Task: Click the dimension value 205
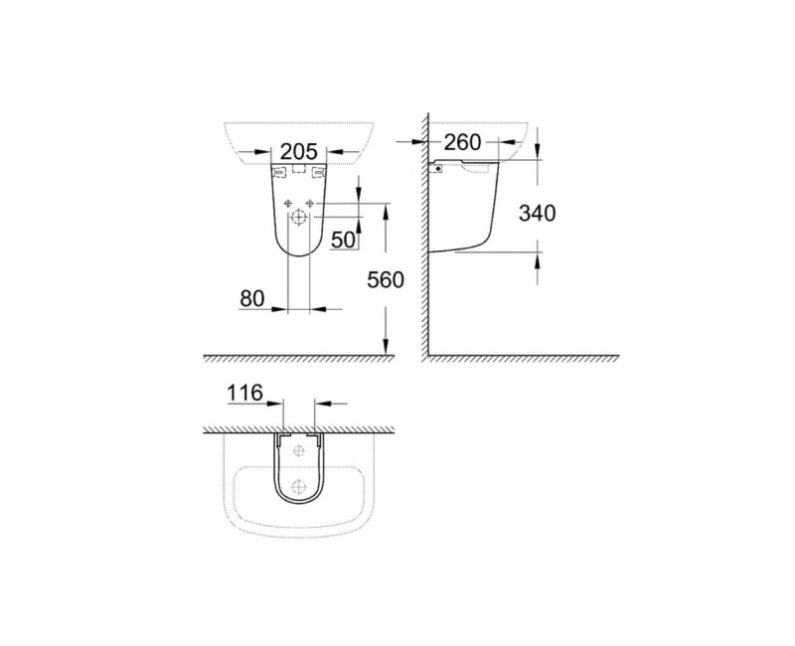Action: point(298,151)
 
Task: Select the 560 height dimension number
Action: point(385,280)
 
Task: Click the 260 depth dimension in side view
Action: point(462,143)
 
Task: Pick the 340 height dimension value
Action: point(536,213)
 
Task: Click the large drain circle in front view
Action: point(299,218)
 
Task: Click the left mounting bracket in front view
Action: point(279,173)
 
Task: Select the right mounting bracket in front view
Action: point(319,173)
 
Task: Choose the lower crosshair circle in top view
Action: point(299,487)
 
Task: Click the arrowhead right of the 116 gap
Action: point(319,404)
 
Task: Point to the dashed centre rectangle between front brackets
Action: point(299,170)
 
